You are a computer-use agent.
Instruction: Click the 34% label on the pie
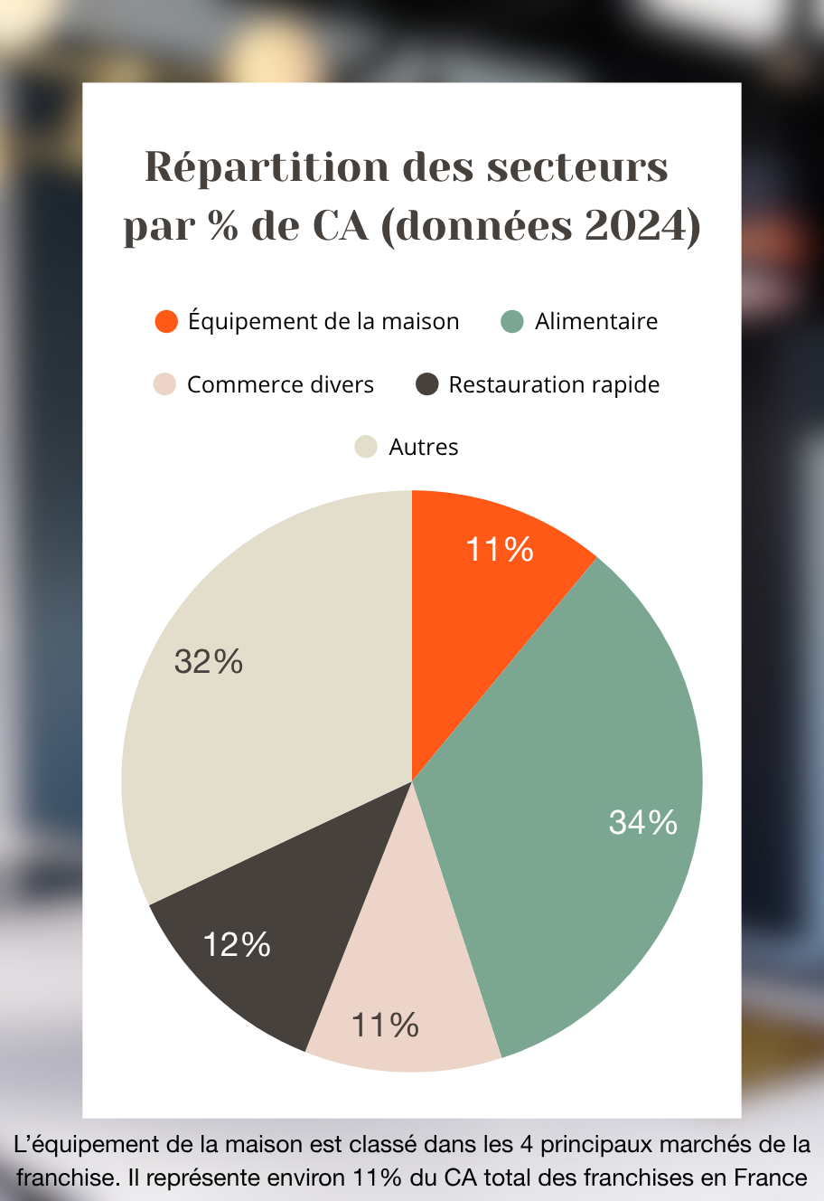(643, 822)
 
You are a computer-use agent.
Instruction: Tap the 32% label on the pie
(209, 662)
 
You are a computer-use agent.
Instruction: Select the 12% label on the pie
(237, 945)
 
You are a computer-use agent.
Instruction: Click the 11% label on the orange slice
(500, 550)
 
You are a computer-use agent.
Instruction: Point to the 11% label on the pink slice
(385, 1026)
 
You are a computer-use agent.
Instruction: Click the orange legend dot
(166, 321)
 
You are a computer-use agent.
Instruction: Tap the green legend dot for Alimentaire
(512, 321)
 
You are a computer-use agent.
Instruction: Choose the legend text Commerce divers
(280, 384)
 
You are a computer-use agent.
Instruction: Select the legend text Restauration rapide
(554, 384)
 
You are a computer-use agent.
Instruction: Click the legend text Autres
(424, 447)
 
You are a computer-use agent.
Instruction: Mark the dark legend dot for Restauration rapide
(426, 384)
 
